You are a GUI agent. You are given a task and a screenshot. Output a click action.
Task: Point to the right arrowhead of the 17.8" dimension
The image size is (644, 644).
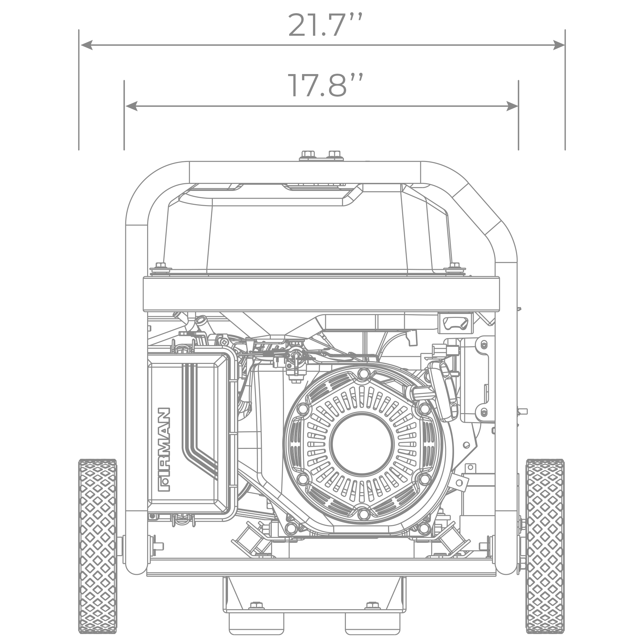coord(510,106)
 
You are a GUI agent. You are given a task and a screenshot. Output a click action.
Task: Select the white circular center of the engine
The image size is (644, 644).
coord(362,444)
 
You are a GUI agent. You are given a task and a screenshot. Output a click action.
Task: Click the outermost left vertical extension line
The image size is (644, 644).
coord(78,100)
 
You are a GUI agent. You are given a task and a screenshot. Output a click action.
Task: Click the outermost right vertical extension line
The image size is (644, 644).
coord(565,100)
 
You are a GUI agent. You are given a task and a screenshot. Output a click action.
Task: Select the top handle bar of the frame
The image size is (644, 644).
coord(305,172)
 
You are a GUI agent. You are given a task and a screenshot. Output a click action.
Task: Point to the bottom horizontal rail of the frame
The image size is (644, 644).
coord(321,567)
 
